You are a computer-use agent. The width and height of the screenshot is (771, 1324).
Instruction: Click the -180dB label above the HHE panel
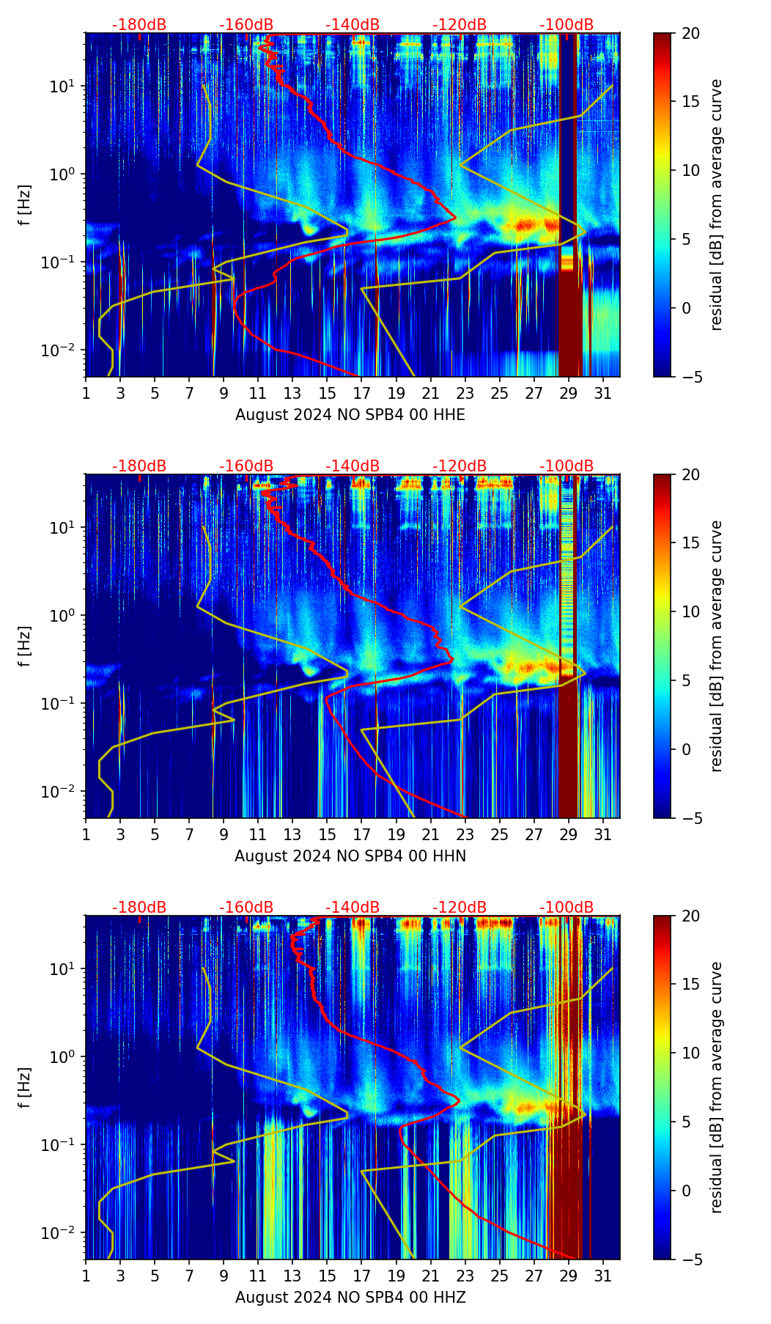tap(139, 25)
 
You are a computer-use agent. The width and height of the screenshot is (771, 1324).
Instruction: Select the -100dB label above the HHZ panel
tap(567, 908)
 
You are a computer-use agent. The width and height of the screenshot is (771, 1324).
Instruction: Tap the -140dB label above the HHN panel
tap(353, 466)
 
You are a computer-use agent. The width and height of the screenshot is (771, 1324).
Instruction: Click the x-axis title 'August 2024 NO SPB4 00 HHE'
tap(350, 415)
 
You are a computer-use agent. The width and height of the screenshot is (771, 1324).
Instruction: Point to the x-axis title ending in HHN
tap(350, 856)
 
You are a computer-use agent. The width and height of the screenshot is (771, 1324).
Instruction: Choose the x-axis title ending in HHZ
tap(350, 1298)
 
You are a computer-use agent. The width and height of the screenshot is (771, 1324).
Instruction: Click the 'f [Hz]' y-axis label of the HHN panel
tap(25, 646)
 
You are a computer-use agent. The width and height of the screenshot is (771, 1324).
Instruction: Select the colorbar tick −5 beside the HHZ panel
tap(690, 1259)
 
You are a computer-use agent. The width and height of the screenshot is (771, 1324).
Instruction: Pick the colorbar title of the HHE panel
tap(717, 205)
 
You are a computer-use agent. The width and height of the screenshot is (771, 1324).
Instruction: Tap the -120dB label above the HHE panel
tap(460, 25)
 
